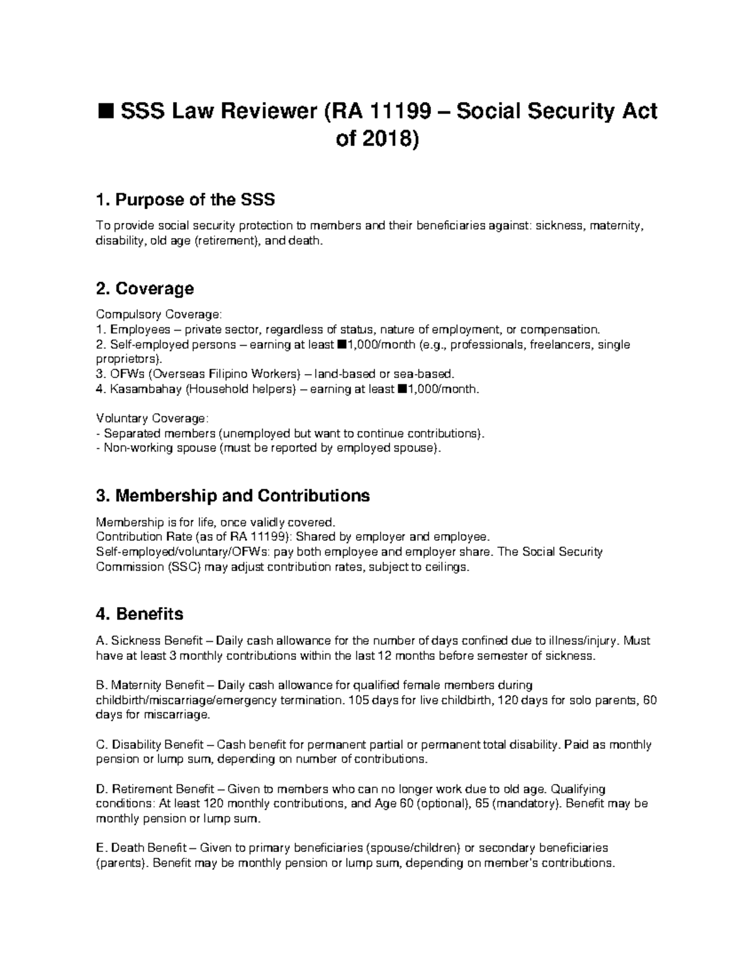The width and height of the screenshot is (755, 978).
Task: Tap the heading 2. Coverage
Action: pyautogui.click(x=144, y=289)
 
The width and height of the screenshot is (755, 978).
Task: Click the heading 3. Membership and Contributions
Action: pyautogui.click(x=233, y=496)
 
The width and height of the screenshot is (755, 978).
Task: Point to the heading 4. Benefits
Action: pyautogui.click(x=139, y=613)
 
